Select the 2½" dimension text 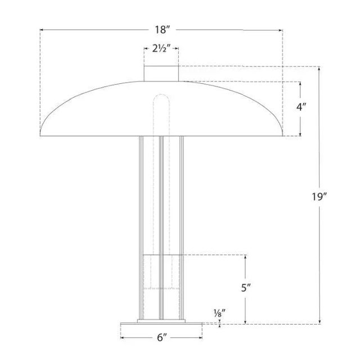[x=161, y=49]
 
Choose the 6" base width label [x=161, y=337]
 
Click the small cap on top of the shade [x=161, y=73]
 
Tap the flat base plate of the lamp [x=161, y=326]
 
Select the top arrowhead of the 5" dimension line [x=245, y=256]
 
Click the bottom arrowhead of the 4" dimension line [x=301, y=135]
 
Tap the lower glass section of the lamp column [x=161, y=281]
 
